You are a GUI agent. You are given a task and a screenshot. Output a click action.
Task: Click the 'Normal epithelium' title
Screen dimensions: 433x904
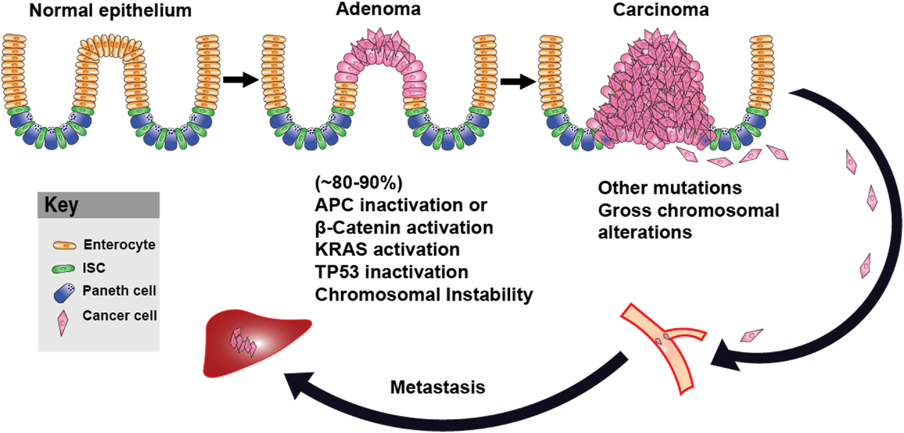pos(110,11)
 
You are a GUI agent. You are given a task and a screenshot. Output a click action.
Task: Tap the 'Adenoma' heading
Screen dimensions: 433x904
pos(378,9)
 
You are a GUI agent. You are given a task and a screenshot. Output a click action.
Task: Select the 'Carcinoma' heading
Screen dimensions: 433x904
pos(660,10)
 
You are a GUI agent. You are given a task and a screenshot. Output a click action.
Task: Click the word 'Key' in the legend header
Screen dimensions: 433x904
pos(61,205)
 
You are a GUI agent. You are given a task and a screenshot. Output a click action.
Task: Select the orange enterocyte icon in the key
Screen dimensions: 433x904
pos(65,246)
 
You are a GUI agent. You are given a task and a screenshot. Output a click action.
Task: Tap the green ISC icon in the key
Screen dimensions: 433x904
pos(63,268)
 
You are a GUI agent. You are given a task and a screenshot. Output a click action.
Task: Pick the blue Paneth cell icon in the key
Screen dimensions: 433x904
pos(64,293)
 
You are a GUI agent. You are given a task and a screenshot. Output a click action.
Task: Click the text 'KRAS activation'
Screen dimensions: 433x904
pos(387,250)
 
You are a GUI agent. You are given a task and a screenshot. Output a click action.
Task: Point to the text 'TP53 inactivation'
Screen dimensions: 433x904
pos(391,272)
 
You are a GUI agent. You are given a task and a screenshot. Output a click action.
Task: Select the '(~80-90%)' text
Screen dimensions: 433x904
pos(359,182)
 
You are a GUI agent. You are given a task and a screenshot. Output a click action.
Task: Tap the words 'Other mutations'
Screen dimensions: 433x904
pos(669,188)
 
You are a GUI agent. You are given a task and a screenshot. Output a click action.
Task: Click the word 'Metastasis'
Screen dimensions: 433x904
pos(437,387)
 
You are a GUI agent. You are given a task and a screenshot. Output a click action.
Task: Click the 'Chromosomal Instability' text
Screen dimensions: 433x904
pos(423,294)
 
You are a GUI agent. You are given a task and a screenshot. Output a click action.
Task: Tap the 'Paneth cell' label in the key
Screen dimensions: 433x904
pos(119,291)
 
